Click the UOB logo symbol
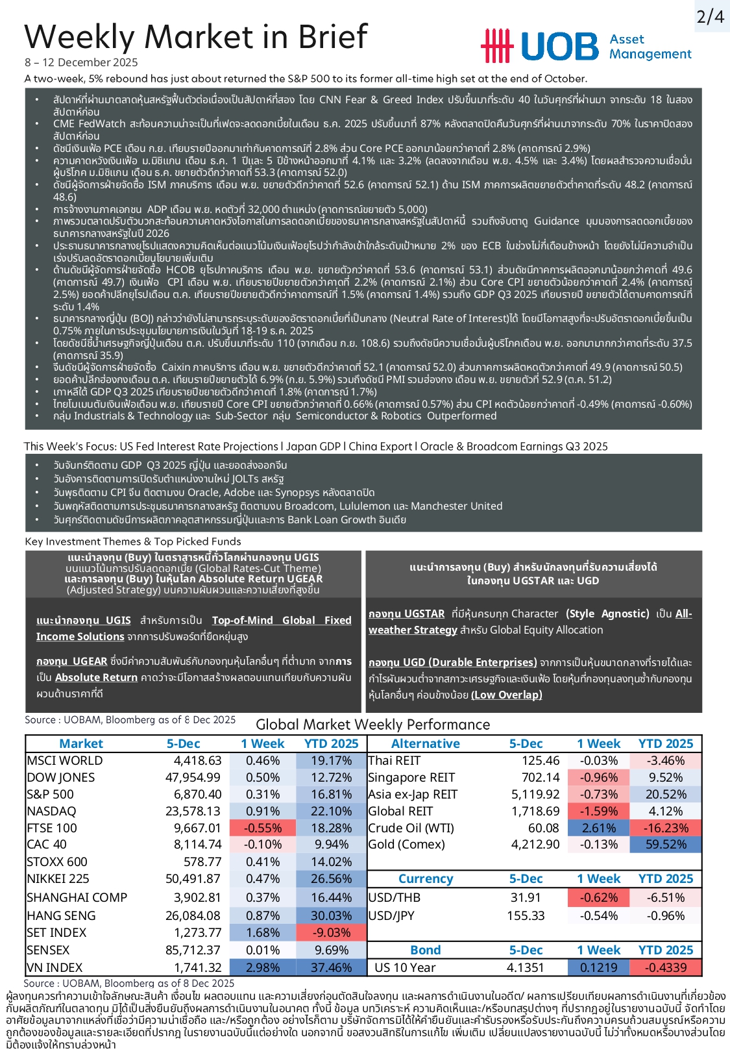[x=497, y=46]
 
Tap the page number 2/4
[x=710, y=16]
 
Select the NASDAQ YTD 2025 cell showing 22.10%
[x=331, y=811]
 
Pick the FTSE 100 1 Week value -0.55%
[x=263, y=828]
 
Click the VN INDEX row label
[x=55, y=967]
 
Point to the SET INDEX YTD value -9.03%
[x=331, y=932]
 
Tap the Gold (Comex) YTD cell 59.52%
[x=666, y=844]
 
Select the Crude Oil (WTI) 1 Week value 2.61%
[x=599, y=828]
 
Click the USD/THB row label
[x=395, y=897]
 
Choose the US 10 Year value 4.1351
[x=525, y=967]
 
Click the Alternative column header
[x=425, y=743]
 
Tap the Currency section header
[x=425, y=878]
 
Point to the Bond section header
[x=425, y=950]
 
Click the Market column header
[x=81, y=743]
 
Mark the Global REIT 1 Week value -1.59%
[x=599, y=811]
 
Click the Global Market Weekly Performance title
[x=373, y=725]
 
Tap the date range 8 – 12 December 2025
[x=82, y=62]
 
